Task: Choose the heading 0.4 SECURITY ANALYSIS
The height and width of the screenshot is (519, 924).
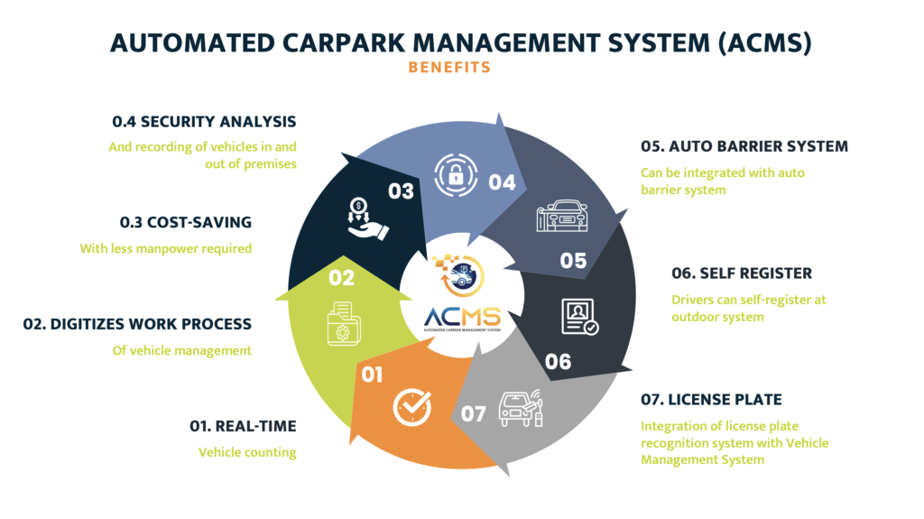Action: pyautogui.click(x=204, y=122)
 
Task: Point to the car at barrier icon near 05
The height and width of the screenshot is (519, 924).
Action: pyautogui.click(x=563, y=217)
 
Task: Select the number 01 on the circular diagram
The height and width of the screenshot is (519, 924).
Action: pyautogui.click(x=372, y=374)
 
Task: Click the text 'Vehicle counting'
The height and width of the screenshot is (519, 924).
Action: pyautogui.click(x=247, y=452)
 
